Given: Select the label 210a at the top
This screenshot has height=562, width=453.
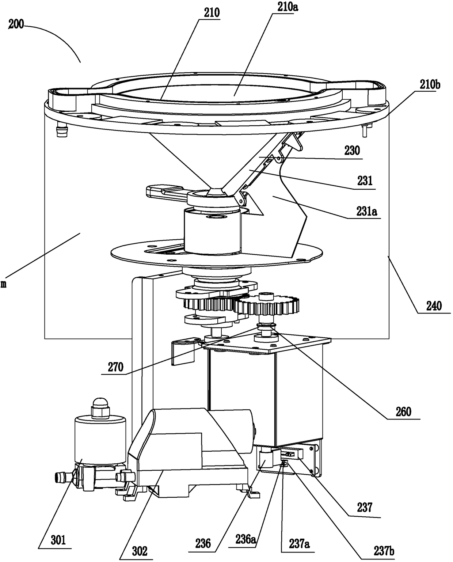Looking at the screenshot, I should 286,7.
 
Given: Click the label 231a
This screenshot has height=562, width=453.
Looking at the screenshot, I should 366,211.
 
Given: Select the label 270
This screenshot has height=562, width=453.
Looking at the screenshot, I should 115,367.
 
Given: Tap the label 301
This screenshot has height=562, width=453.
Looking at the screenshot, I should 58,540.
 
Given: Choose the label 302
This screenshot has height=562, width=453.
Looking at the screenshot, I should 139,551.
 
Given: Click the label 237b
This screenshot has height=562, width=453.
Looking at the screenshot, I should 384,551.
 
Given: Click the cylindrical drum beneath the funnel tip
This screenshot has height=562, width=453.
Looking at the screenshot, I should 212,230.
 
